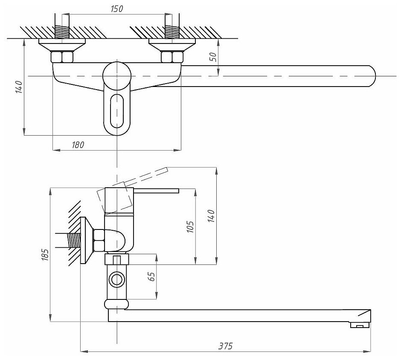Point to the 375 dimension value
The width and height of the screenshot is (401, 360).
226,346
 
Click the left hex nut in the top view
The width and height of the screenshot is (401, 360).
62,57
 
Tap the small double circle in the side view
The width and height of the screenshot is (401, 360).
116,280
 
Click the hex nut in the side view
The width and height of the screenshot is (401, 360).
99,240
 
